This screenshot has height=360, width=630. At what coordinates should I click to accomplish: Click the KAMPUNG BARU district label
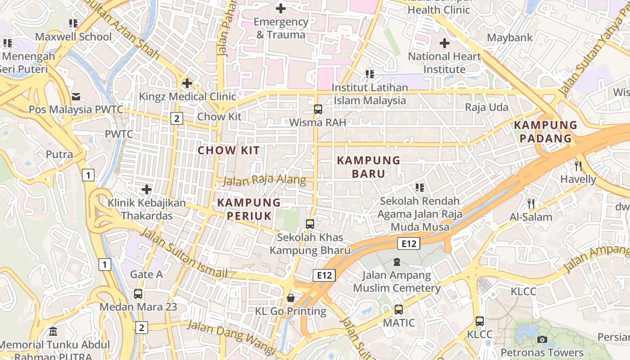pos(369,167)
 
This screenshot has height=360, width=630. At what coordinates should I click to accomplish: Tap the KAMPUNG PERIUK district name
pos(249,209)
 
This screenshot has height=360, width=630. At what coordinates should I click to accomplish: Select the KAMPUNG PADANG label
pos(545,131)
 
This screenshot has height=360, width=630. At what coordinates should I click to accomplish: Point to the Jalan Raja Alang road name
pos(264,180)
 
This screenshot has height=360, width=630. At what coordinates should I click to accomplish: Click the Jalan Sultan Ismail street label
pos(184,253)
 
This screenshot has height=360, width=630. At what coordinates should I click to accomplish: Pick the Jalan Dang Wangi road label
pos(231,336)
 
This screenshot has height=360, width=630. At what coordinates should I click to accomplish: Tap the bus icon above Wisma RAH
pos(318,109)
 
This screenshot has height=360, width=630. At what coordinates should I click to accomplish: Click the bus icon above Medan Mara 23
pos(138,294)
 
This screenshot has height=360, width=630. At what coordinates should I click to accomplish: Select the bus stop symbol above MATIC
pos(399,310)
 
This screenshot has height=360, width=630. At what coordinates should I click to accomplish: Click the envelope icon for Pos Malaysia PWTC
pos(76,97)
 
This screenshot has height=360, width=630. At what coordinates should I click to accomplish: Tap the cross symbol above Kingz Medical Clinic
pos(187,83)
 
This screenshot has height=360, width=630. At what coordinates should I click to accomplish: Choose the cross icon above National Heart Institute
pos(445,43)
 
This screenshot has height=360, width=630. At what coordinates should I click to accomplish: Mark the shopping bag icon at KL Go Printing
pos(291,298)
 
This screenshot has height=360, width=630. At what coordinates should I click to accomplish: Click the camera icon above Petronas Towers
pos(542,339)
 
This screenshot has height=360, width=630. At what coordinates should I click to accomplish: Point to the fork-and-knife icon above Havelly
pos(578,166)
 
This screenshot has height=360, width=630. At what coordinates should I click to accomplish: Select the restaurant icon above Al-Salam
pos(531,204)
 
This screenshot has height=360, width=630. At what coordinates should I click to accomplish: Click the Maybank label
pos(509,38)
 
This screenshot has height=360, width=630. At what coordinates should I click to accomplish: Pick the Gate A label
pos(146,274)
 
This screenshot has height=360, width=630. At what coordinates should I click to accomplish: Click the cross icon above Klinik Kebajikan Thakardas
pos(147,189)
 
